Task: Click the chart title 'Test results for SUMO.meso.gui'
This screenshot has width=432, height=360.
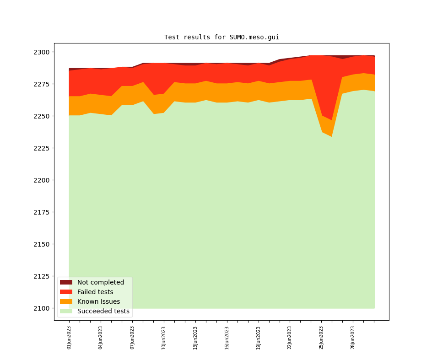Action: [221, 38]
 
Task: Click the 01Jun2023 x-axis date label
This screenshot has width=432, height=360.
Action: [69, 338]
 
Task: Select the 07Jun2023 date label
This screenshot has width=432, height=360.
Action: [132, 338]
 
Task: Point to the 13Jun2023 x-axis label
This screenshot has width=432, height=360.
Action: [195, 338]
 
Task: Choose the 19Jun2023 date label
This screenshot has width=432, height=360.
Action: [259, 338]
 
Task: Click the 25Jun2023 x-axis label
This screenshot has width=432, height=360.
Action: [321, 338]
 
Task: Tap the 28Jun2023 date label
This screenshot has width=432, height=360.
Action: [353, 338]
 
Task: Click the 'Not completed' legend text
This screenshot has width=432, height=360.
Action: [101, 283]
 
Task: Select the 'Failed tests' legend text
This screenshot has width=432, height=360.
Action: [95, 292]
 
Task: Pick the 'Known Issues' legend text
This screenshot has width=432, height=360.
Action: [98, 302]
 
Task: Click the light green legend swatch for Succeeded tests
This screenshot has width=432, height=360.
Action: [66, 312]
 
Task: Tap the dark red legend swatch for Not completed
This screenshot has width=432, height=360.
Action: [66, 283]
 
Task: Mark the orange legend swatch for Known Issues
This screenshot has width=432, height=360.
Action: [66, 302]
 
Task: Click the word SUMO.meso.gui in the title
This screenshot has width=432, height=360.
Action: [254, 38]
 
